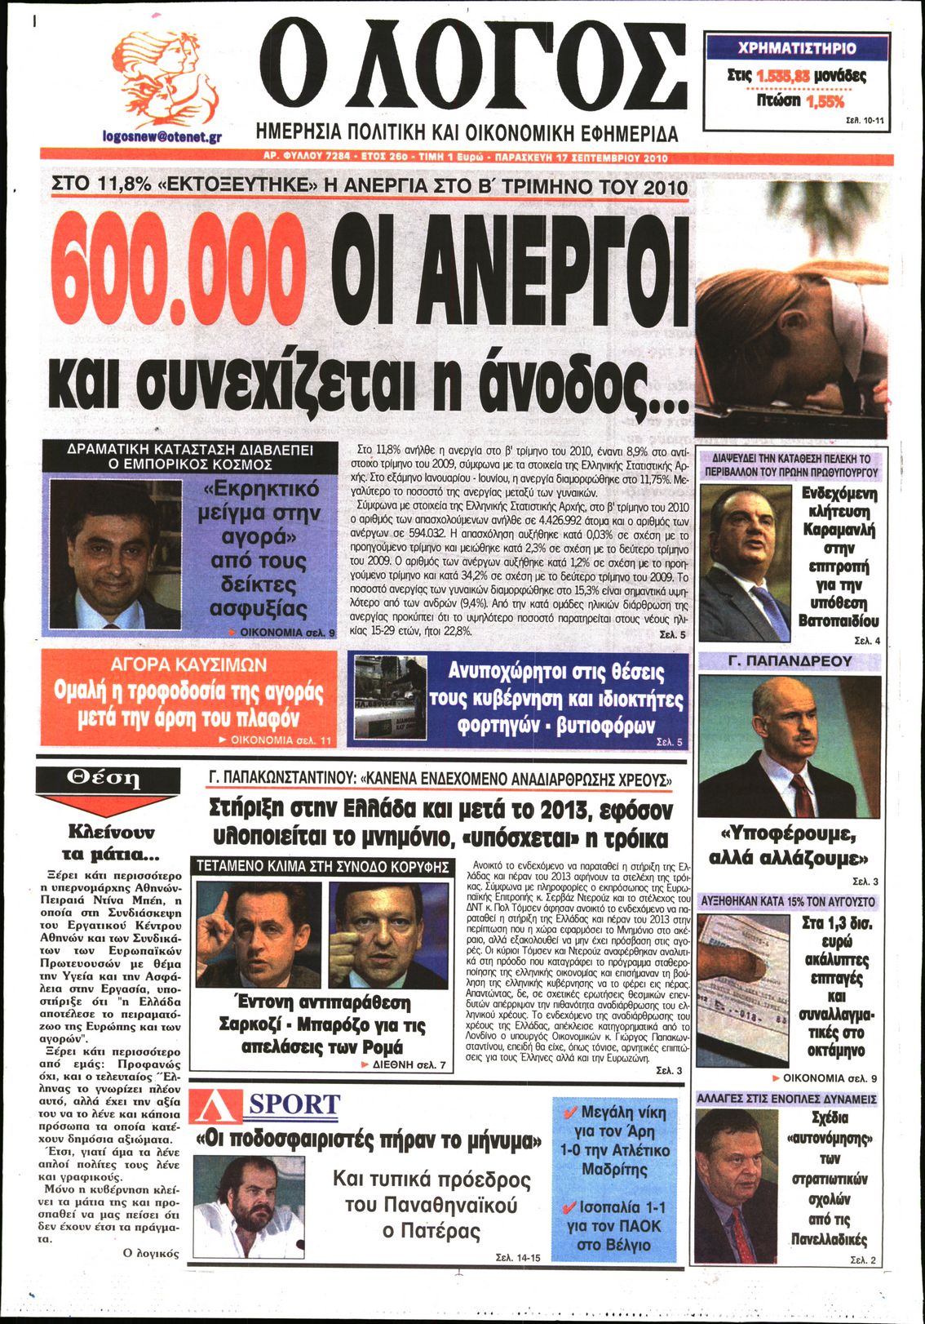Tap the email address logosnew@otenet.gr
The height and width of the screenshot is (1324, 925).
click(162, 138)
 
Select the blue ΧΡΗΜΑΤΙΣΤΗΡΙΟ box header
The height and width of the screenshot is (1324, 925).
click(796, 48)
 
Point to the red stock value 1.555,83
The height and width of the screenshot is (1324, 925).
click(782, 76)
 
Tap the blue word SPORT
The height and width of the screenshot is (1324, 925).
click(294, 1105)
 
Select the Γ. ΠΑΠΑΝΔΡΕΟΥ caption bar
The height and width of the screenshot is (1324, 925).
click(789, 661)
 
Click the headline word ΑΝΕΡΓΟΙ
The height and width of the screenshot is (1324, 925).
click(511, 276)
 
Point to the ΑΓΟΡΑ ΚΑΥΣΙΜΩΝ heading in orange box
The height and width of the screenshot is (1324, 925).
click(188, 664)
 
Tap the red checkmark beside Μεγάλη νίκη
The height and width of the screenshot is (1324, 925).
click(570, 1112)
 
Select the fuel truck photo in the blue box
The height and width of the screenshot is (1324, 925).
click(391, 698)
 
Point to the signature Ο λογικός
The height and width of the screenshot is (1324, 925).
click(151, 1253)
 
